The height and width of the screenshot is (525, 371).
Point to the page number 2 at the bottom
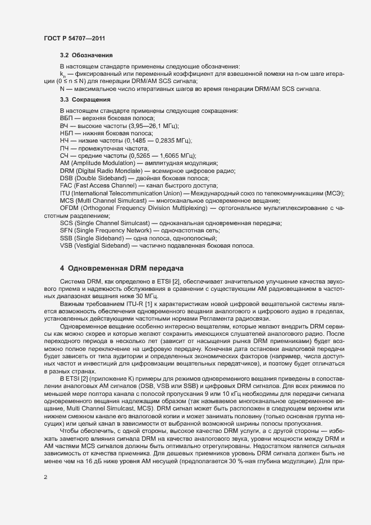tap(45, 478)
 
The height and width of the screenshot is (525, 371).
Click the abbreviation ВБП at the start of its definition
tap(67, 118)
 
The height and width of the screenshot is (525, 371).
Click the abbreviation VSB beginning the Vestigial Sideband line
tap(66, 245)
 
